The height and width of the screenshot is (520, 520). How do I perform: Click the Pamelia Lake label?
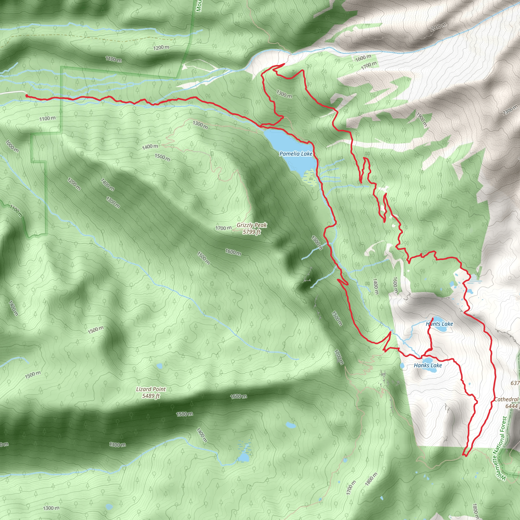point(296,154)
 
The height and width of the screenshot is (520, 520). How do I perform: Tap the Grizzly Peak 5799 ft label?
point(252,228)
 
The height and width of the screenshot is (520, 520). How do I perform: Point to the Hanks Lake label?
point(428,365)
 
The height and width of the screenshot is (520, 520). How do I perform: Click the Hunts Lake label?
point(439,324)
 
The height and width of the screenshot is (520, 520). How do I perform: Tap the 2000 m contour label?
point(438,27)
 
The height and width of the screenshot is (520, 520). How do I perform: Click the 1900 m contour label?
point(422,119)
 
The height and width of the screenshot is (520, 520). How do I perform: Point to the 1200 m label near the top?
point(161,48)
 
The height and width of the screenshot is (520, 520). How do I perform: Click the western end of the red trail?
point(26,95)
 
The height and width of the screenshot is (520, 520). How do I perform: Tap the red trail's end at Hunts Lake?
point(432,319)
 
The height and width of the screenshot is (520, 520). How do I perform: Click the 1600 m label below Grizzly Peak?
point(233,252)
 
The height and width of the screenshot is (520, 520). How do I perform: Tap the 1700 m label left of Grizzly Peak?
point(223,228)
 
